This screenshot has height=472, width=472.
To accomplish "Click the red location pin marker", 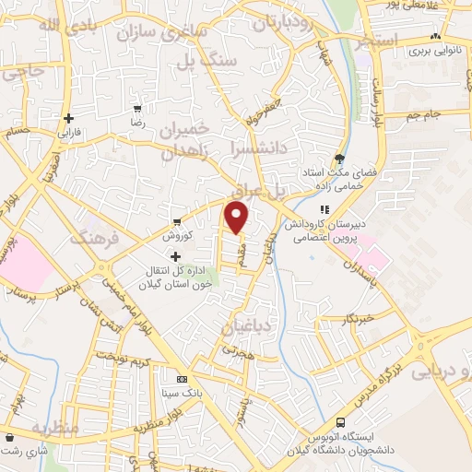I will (x=238, y=217).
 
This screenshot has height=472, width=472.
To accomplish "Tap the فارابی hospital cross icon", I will (x=69, y=118).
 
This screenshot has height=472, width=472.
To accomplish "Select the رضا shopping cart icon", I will (x=138, y=108).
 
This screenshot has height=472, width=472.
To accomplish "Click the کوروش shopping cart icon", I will (x=176, y=222).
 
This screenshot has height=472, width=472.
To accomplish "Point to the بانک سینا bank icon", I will (x=182, y=378).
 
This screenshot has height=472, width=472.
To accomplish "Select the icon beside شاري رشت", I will (x=8, y=436).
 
